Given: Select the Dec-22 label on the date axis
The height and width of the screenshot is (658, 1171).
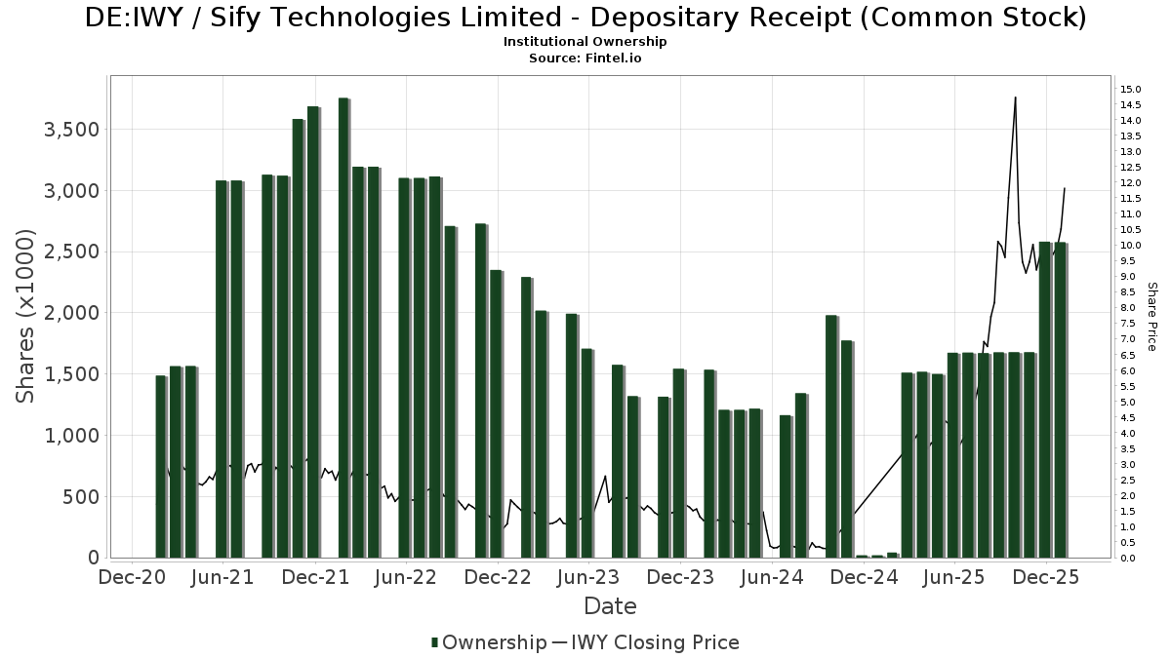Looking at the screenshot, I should [x=499, y=578].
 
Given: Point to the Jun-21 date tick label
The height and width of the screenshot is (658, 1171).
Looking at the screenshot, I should [x=223, y=578].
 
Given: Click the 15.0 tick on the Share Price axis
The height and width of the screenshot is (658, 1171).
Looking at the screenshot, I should [x=1131, y=90].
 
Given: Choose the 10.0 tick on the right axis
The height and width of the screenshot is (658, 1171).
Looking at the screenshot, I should [x=1131, y=246].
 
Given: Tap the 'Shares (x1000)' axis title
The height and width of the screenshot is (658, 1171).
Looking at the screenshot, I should [x=26, y=316].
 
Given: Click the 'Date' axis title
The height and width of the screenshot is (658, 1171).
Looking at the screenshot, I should [x=610, y=606].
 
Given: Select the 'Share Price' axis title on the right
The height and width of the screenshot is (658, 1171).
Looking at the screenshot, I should [x=1151, y=316].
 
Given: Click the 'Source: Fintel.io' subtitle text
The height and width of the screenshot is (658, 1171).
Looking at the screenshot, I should [x=585, y=58].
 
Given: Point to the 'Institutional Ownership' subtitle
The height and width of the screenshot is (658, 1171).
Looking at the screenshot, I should [x=585, y=42].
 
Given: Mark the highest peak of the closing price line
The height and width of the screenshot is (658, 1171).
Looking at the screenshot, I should [x=1015, y=97].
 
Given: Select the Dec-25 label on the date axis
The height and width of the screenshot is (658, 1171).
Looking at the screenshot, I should [x=1047, y=578].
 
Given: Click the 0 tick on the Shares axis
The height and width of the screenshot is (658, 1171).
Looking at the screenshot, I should [x=94, y=559].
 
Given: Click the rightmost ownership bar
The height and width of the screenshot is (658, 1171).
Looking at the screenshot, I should [x=1060, y=400].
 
